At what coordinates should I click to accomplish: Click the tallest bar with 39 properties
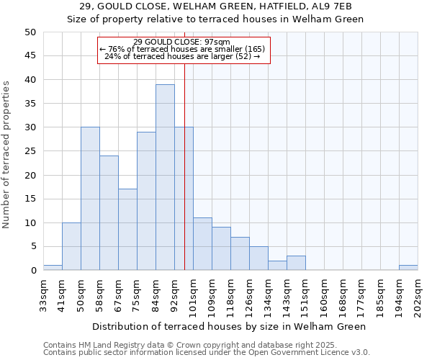pos(165,177)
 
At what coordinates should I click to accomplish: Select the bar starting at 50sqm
pos(90,199)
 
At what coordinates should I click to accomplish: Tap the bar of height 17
pos(127,230)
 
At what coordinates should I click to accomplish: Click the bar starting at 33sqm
pos(53,268)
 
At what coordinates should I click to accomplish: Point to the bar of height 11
pos(202,244)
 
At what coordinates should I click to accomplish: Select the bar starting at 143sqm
pos(296,263)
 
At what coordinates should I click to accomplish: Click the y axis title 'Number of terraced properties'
pos(6,154)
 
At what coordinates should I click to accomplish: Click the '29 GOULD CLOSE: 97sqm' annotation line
pos(182,42)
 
